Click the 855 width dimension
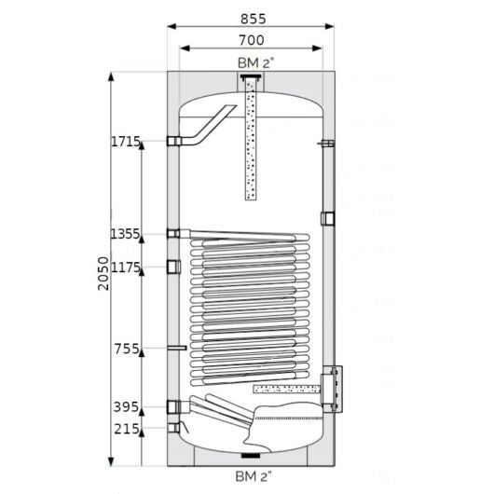click(253, 19)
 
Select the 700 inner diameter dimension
click(252, 40)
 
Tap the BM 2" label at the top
click(255, 63)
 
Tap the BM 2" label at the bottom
click(253, 476)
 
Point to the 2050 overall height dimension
click(103, 273)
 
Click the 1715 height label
click(126, 142)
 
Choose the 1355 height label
click(125, 234)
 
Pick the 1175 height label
click(126, 268)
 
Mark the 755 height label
click(127, 349)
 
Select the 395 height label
click(126, 407)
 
